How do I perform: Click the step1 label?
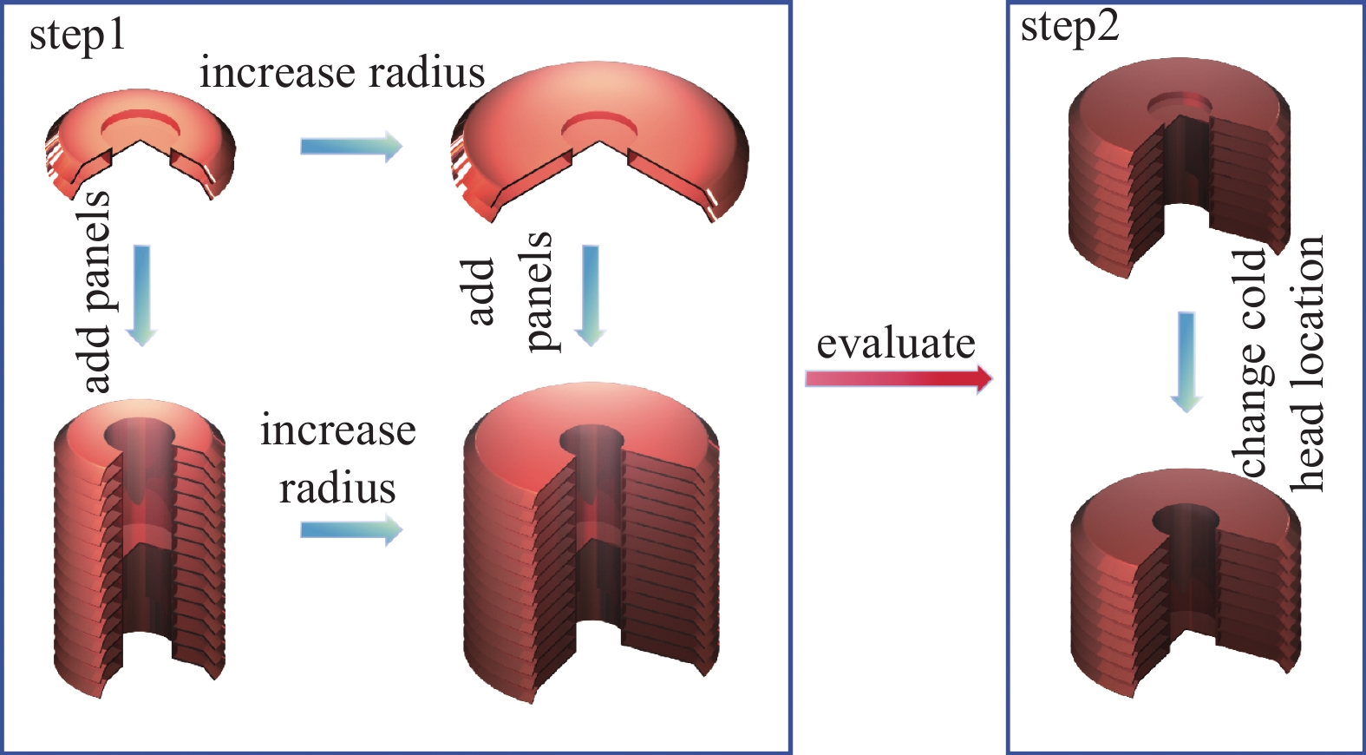click(77, 37)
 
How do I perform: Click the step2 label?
click(1069, 28)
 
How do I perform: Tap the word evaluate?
click(895, 344)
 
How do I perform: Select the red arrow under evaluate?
click(898, 378)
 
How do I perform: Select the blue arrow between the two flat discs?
click(351, 146)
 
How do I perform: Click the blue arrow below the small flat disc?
click(141, 295)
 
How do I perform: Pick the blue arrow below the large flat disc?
click(591, 295)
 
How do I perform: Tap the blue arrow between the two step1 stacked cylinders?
click(351, 529)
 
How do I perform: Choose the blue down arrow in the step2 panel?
click(1186, 361)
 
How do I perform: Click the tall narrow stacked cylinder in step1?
click(139, 547)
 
